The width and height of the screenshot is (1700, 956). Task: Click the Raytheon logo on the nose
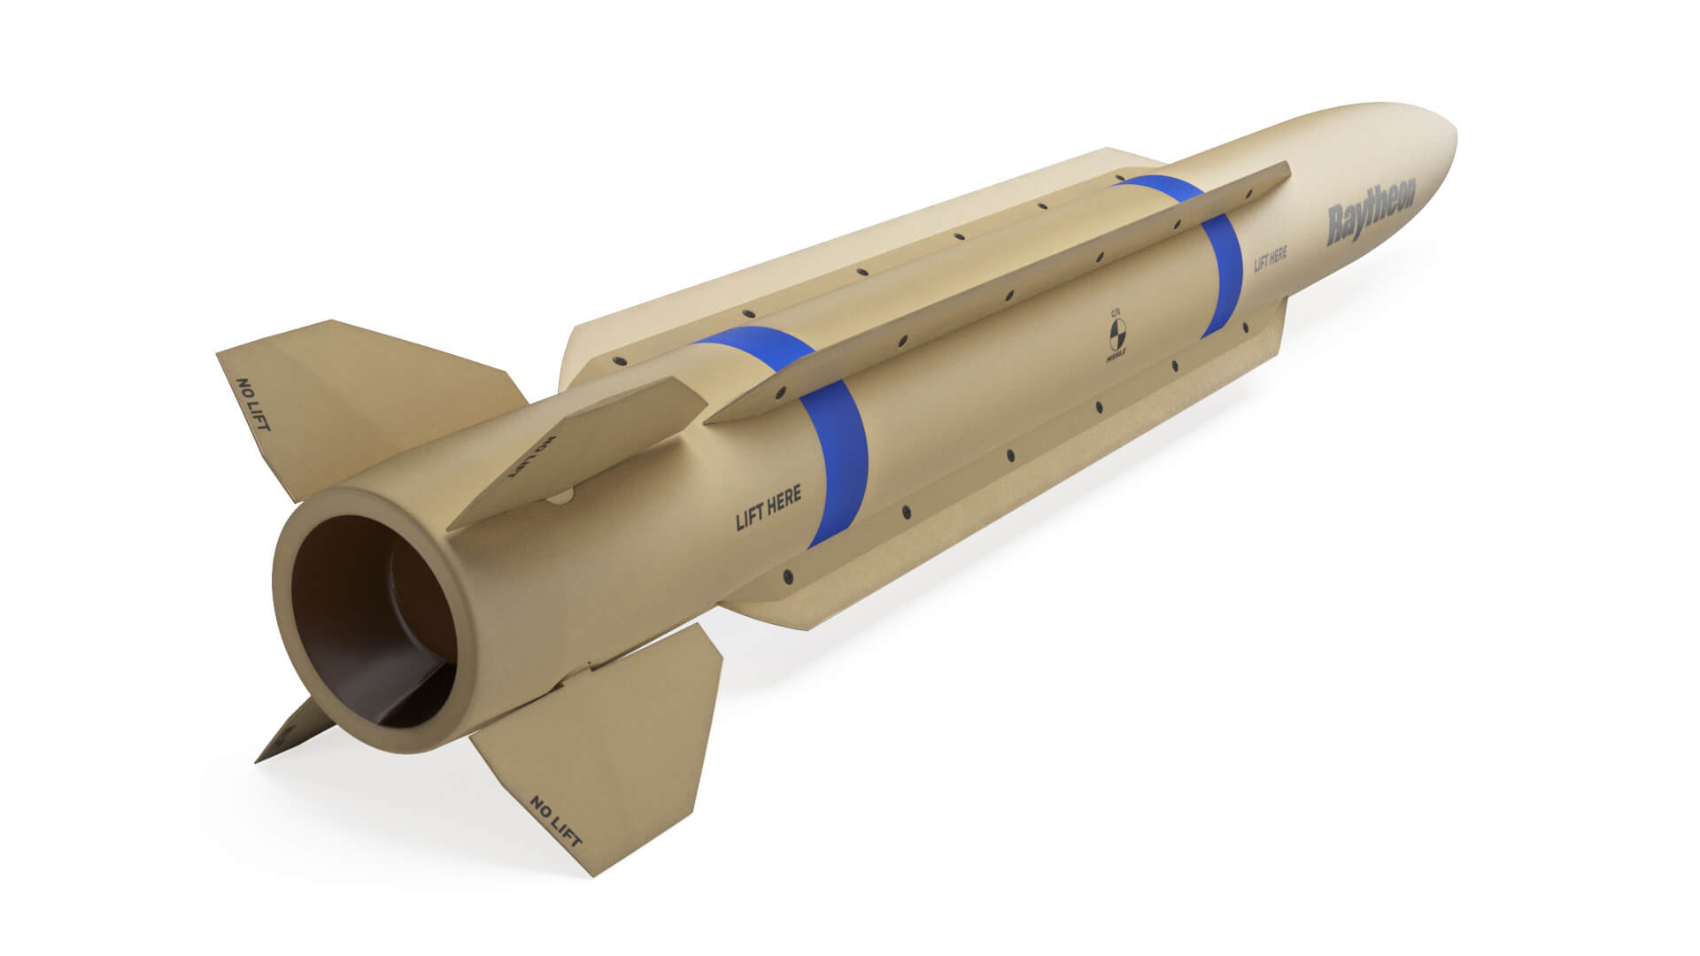tap(1371, 212)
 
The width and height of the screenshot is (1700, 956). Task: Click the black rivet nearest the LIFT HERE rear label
tap(787, 577)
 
